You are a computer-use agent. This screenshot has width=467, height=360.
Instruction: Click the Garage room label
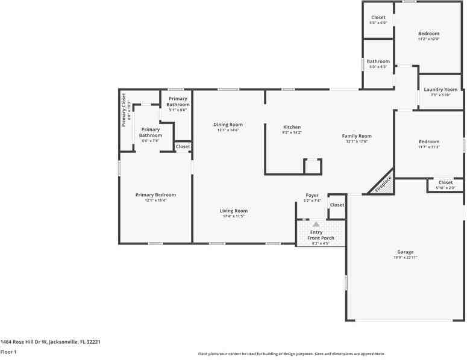pos(405,252)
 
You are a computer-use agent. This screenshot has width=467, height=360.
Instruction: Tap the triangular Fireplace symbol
pos(382,184)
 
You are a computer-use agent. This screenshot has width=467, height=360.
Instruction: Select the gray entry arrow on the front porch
pos(316,224)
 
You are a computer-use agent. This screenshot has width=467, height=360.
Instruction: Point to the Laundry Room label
pos(444,90)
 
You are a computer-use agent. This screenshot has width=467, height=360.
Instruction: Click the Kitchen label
pos(292,127)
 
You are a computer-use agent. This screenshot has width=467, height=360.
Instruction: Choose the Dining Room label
pos(228,125)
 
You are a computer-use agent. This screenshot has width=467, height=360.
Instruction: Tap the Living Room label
pos(233,211)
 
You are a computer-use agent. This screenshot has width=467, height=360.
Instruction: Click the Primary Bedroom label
pos(155,195)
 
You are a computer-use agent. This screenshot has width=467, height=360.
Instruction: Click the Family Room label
pos(357,136)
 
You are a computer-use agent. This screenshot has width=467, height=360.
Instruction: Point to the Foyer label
pos(312,195)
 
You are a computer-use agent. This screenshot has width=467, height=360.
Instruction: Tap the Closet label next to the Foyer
pos(337,205)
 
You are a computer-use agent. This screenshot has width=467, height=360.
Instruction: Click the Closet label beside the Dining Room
pos(183,146)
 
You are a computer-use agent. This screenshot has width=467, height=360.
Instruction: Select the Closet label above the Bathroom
pos(378,17)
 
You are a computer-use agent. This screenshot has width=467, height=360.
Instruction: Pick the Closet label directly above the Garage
pos(445,182)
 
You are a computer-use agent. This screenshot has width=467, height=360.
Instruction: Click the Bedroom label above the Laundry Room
pos(428,34)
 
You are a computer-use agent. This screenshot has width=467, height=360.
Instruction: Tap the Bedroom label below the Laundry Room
pos(428,142)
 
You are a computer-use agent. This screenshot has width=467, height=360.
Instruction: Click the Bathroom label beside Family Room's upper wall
pos(378,61)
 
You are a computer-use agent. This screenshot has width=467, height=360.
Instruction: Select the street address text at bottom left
pos(50,341)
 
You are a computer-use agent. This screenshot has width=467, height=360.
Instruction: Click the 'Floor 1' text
pos(8,352)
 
